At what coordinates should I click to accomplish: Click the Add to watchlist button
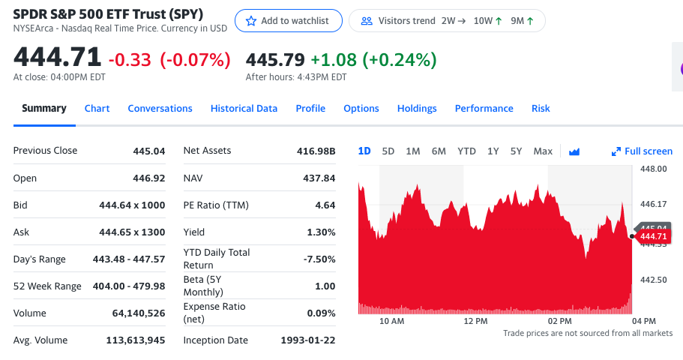pos(288,21)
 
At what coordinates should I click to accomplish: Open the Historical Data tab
pos(244,109)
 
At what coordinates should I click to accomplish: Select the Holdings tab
pos(417,109)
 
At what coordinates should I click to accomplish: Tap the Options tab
pos(361,109)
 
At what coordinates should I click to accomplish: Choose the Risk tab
pos(541,109)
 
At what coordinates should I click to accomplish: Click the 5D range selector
pos(388,151)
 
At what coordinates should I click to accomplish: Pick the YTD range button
pos(466,151)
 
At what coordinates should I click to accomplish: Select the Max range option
pos(543,151)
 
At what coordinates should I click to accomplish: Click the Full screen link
pos(643,151)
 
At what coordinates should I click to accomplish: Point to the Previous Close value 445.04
pos(148,151)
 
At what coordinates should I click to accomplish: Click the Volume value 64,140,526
pos(139,313)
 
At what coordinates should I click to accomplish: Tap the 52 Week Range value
pos(130,286)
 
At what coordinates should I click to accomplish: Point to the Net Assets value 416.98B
pos(316,151)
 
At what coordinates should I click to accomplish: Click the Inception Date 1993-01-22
pos(307,340)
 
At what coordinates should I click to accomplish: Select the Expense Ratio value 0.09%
pos(321,313)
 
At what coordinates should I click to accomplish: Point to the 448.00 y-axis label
pos(653,169)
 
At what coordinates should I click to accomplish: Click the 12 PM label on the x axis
pos(475,321)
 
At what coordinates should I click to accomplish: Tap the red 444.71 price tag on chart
pos(653,237)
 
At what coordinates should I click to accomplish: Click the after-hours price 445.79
pos(275,59)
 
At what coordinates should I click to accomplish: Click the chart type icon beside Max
pos(574,151)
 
